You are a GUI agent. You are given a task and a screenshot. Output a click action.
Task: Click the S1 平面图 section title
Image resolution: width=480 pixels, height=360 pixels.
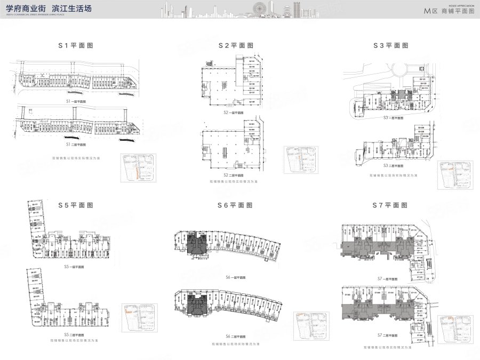pyautogui.click(x=76, y=46)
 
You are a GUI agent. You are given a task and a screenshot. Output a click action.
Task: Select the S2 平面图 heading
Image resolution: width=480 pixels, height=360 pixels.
pyautogui.click(x=235, y=46)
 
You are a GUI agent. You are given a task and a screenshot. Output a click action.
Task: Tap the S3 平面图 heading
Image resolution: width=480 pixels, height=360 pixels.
pyautogui.click(x=390, y=46)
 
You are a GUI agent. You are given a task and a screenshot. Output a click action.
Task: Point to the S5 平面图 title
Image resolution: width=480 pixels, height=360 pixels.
pyautogui.click(x=76, y=205)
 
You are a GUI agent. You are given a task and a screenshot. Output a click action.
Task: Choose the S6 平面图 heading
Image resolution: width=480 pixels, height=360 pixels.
pyautogui.click(x=235, y=205)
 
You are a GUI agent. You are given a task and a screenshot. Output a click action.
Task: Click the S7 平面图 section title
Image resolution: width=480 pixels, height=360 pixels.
pyautogui.click(x=390, y=205)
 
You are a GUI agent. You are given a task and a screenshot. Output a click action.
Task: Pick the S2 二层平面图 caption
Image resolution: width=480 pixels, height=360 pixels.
pyautogui.click(x=234, y=175)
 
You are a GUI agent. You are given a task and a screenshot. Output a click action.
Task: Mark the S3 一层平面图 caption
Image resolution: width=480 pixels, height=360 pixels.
pyautogui.click(x=393, y=118)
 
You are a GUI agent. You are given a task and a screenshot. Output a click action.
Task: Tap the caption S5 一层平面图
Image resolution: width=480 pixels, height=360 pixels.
pyautogui.click(x=74, y=266)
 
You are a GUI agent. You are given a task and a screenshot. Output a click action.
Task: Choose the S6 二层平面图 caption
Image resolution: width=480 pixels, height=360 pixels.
pyautogui.click(x=235, y=337)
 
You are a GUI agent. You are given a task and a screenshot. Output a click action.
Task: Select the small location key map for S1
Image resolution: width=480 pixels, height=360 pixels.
pyautogui.click(x=138, y=168)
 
